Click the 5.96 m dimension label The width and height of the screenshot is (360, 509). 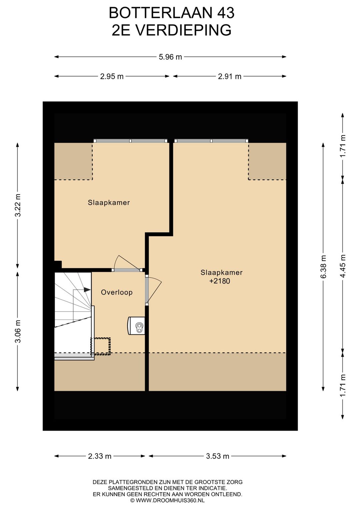[170, 57]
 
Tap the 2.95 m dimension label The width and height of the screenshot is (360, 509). [112, 76]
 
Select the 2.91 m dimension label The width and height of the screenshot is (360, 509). [230, 76]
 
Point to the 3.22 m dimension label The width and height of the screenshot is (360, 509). [17, 205]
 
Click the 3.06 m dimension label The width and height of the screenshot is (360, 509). [17, 331]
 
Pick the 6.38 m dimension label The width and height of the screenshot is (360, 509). [323, 267]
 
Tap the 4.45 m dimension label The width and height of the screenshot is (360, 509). [343, 266]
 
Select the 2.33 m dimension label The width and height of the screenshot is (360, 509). [100, 456]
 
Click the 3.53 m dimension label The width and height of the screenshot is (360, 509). [218, 456]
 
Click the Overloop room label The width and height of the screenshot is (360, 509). [117, 292]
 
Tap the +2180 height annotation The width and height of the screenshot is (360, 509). [220, 281]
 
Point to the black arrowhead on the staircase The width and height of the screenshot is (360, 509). [87, 290]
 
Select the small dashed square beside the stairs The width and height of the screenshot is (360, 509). [101, 347]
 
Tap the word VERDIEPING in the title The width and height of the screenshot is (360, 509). [180, 30]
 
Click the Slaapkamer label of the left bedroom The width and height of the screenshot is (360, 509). [109, 202]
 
